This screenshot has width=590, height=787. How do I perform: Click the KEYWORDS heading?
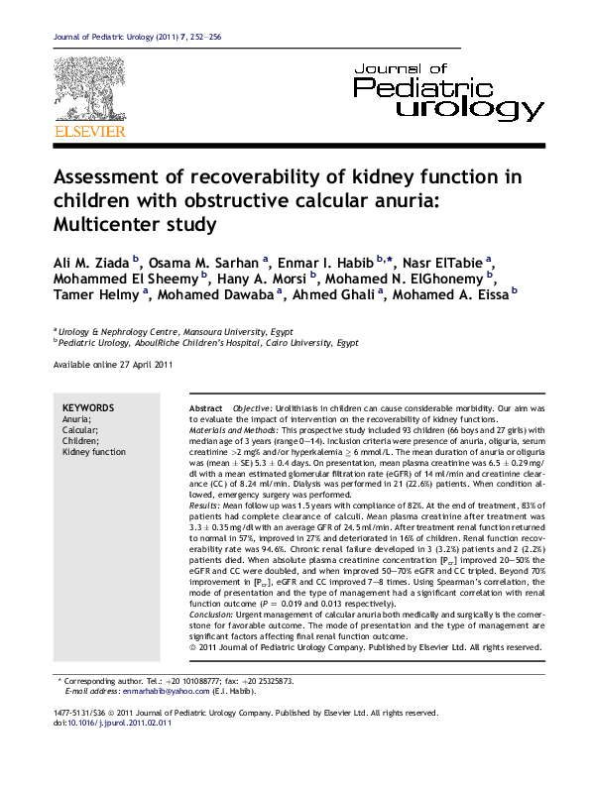point(88,408)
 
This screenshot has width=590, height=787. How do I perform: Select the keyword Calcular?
point(80,430)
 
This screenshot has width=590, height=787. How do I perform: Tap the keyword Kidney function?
point(94,452)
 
